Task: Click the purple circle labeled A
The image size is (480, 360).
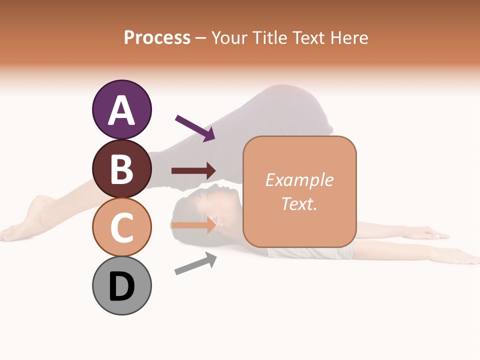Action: tap(122, 109)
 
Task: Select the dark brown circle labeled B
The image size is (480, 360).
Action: tap(122, 168)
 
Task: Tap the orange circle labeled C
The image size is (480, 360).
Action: tap(122, 227)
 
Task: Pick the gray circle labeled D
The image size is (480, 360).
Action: tap(122, 286)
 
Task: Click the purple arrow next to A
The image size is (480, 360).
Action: tap(195, 128)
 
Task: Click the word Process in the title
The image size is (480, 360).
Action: tap(157, 37)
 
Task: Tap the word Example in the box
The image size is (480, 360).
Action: tap(299, 180)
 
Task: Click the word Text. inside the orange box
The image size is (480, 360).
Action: tap(299, 203)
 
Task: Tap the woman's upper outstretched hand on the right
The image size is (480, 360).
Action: tap(425, 232)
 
